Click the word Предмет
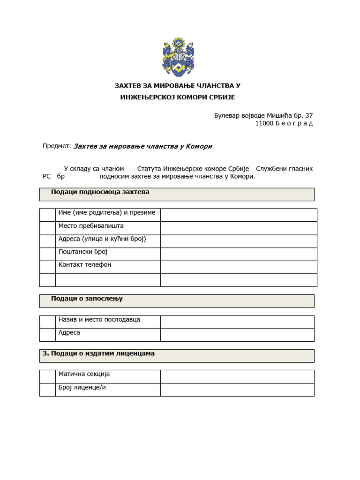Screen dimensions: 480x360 tap(56, 146)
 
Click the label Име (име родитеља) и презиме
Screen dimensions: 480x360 tap(106, 213)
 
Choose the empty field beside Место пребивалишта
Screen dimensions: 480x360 tap(239, 228)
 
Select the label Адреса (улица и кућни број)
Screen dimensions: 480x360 tap(102, 239)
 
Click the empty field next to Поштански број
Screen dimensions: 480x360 tap(239, 255)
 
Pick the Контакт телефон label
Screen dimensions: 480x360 tap(85, 265)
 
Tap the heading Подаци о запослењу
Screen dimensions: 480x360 tap(87, 299)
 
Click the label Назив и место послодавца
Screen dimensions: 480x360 tap(99, 320)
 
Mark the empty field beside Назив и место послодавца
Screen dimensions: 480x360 tap(237, 322)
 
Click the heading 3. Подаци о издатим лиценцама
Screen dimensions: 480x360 tap(98, 353)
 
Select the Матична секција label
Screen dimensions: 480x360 tap(84, 374)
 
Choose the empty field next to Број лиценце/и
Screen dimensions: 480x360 tap(237, 390)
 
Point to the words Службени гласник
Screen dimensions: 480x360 tap(285, 168)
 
